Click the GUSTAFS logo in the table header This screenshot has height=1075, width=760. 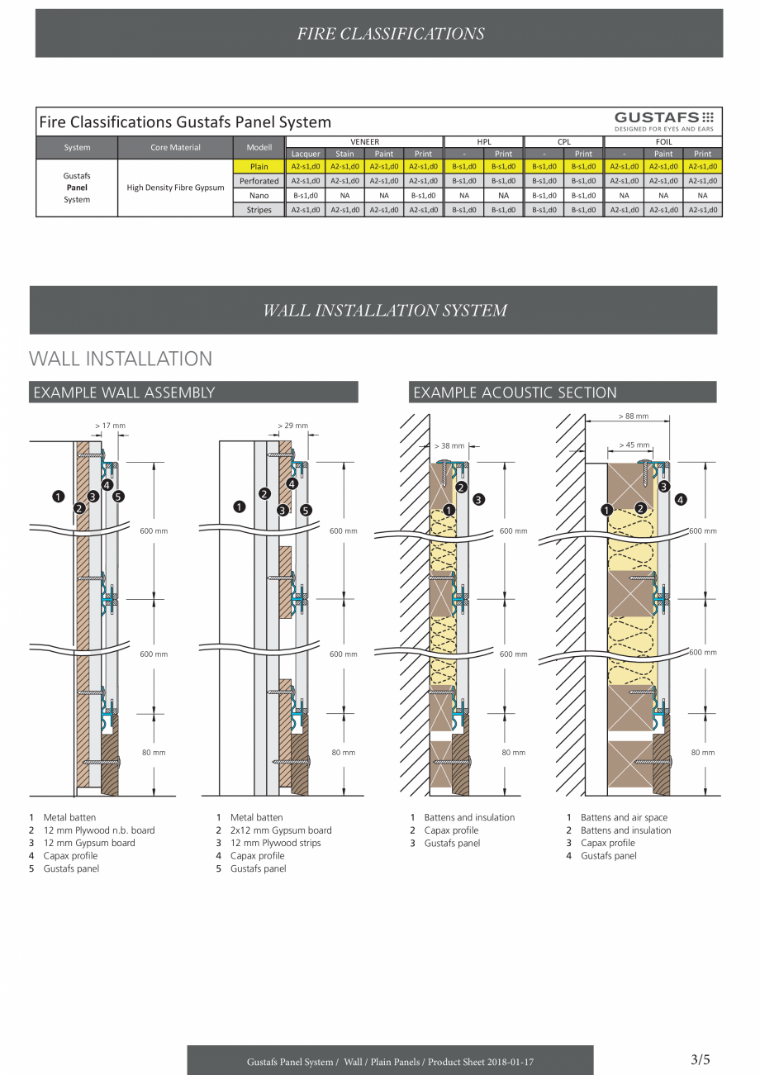(x=664, y=121)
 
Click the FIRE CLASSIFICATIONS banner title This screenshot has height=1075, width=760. (x=391, y=34)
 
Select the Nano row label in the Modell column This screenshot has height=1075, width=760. (x=259, y=195)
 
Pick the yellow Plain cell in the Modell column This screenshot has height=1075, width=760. (x=259, y=167)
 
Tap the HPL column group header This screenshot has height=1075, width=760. (x=483, y=141)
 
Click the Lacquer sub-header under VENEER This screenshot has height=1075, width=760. (x=306, y=154)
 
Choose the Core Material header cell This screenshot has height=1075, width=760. (x=175, y=147)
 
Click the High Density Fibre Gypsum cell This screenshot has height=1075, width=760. (x=175, y=188)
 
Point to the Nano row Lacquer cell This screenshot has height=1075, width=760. (x=306, y=195)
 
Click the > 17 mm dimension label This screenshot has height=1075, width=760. (x=111, y=426)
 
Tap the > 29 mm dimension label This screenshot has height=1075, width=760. (x=292, y=426)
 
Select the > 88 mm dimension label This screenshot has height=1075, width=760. (x=634, y=416)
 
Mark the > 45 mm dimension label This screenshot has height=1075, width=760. (x=634, y=445)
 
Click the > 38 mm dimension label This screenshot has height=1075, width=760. (x=449, y=446)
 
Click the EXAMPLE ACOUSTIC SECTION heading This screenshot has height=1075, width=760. (x=515, y=392)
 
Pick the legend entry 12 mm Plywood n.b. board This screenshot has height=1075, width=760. (x=99, y=830)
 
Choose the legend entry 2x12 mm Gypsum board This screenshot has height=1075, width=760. (x=281, y=830)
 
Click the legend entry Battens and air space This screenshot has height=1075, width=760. (x=624, y=817)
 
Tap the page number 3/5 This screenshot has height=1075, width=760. (x=700, y=1059)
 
